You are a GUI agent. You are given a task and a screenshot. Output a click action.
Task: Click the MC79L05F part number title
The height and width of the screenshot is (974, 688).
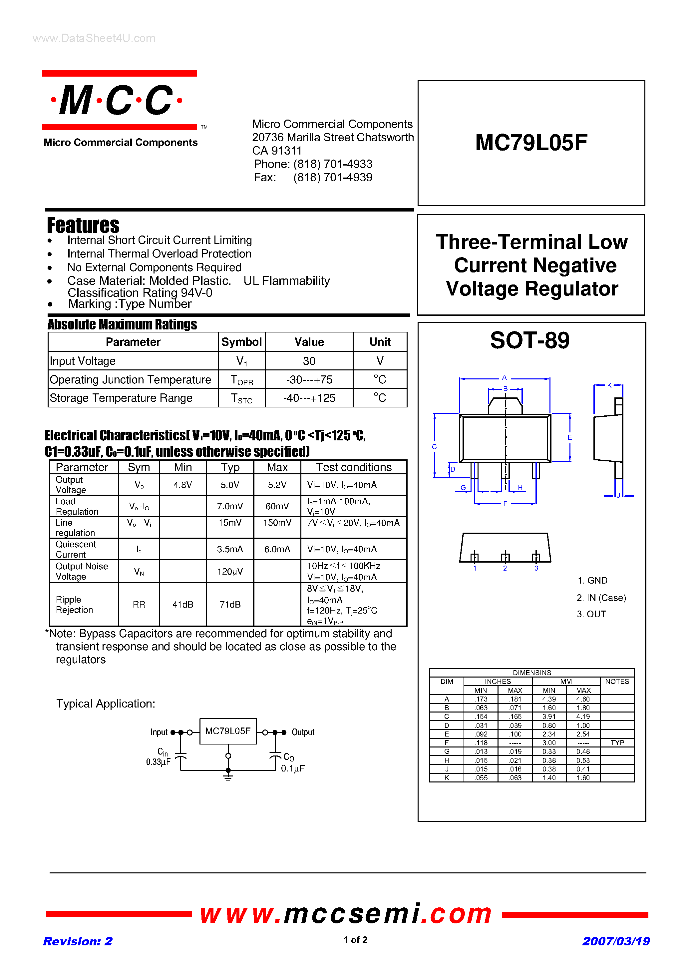(531, 143)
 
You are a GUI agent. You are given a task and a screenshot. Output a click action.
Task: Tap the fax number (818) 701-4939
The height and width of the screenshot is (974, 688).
(333, 177)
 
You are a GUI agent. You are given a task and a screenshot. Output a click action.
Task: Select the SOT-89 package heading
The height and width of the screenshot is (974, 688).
(529, 340)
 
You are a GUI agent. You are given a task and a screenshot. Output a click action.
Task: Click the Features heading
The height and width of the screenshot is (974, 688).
(83, 225)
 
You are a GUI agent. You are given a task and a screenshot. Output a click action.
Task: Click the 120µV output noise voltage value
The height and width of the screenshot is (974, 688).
(230, 571)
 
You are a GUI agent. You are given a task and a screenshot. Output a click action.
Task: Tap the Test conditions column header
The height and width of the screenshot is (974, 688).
(354, 467)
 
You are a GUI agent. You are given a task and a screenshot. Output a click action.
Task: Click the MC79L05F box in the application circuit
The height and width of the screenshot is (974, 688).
(228, 731)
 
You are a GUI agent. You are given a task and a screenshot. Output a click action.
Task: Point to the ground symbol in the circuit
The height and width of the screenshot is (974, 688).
(228, 777)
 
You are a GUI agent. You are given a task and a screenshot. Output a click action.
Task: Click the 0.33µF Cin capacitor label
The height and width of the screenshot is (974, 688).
(158, 762)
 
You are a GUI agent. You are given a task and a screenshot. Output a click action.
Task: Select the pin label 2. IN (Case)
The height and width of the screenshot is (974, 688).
(601, 598)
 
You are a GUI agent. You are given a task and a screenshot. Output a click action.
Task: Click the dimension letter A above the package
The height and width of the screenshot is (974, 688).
(504, 377)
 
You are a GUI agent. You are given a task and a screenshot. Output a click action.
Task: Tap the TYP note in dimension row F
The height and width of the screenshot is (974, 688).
(617, 743)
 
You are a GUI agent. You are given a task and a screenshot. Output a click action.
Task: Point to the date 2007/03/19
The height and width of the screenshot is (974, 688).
(616, 941)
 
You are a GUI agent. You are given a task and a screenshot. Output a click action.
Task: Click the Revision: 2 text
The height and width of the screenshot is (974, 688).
(78, 941)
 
